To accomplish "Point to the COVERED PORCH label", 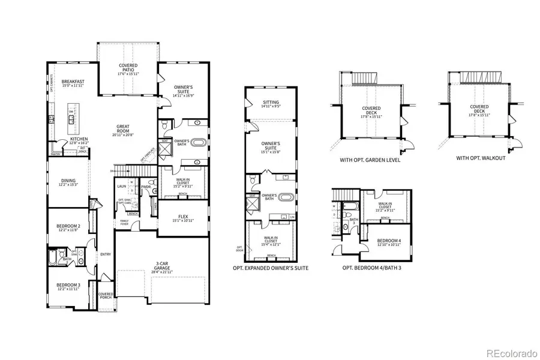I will (106, 296).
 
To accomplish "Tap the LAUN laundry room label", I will (121, 187).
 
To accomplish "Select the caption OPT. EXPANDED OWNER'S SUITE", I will (271, 268).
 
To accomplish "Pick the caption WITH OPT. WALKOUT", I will (480, 158).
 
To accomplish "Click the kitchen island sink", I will (71, 119).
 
